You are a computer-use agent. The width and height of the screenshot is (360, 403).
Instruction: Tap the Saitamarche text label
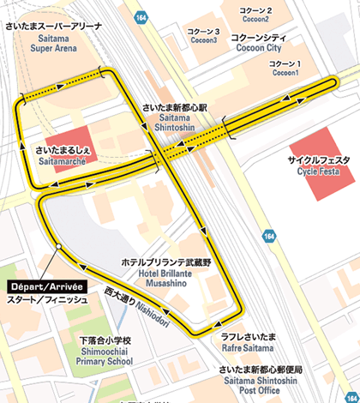coord(61,156)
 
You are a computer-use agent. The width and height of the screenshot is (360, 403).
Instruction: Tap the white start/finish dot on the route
coord(57,247)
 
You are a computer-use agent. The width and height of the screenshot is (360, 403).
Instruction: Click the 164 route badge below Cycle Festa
coord(271,235)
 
